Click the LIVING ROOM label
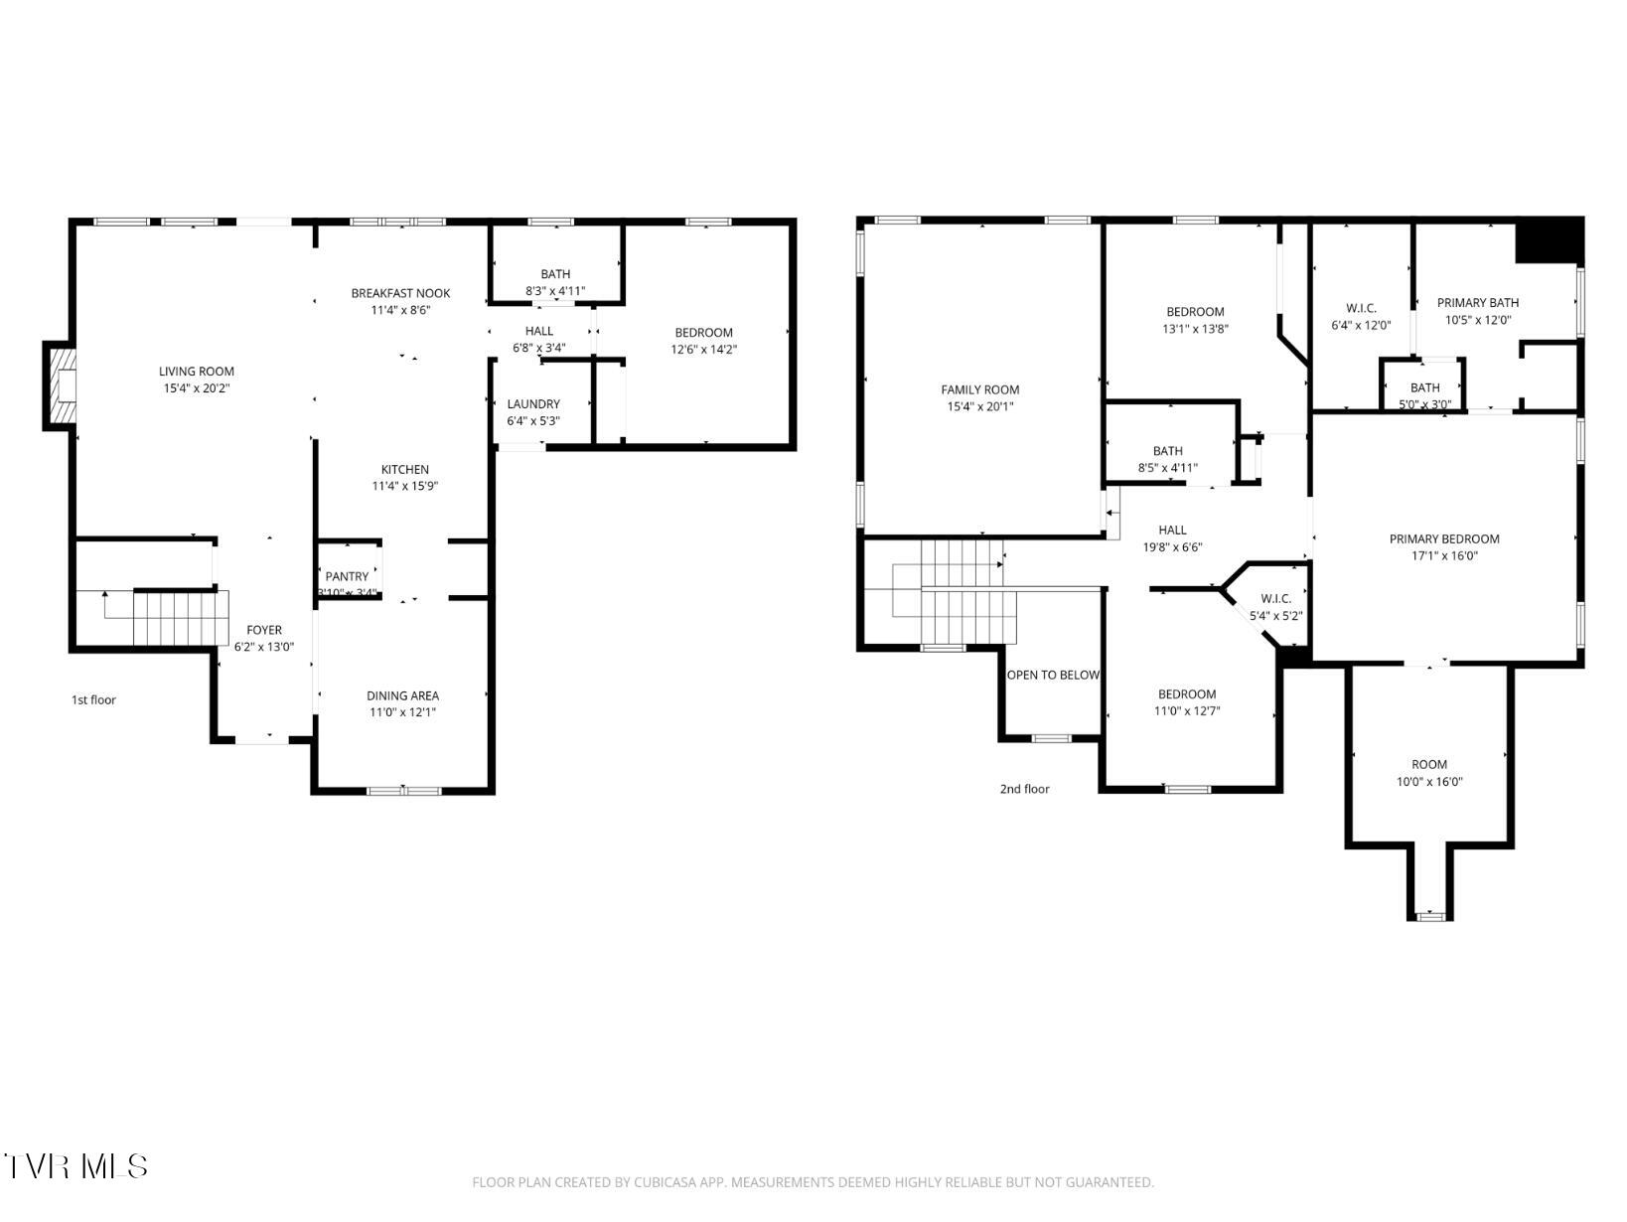point(197,372)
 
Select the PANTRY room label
point(347,576)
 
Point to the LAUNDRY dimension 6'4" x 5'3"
point(533,420)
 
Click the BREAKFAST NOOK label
point(400,293)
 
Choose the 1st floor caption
point(93,699)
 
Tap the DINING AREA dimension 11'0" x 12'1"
point(402,712)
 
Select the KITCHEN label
point(405,470)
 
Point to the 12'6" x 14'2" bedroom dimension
point(704,349)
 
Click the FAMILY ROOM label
point(980,389)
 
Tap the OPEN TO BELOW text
point(1053,675)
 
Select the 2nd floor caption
point(1024,789)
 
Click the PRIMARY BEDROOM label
point(1444,538)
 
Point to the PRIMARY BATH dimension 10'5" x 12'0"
point(1478,320)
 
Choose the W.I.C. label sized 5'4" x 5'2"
point(1276,598)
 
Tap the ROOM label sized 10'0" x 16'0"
point(1429,764)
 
